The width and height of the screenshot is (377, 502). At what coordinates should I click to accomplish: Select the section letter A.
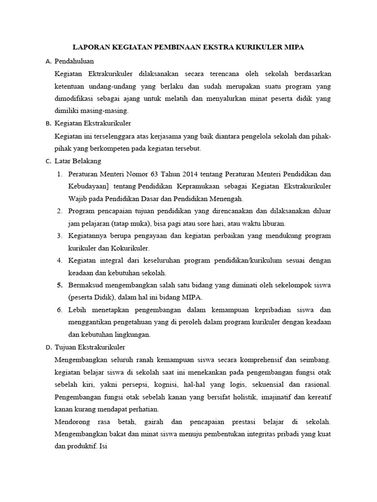tap(48, 62)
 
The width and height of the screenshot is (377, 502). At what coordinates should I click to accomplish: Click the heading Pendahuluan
tap(74, 61)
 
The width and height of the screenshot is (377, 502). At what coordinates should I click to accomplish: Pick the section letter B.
tap(48, 124)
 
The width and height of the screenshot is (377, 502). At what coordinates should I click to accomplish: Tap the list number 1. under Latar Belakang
tap(59, 174)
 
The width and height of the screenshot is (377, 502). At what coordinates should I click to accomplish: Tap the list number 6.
tap(59, 310)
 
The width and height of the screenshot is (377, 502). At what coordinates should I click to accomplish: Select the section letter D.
tap(48, 348)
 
